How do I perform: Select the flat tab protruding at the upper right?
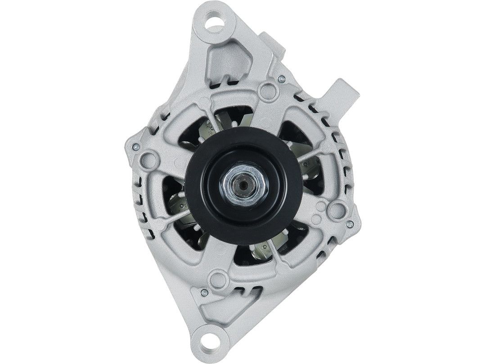pos(341,93)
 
